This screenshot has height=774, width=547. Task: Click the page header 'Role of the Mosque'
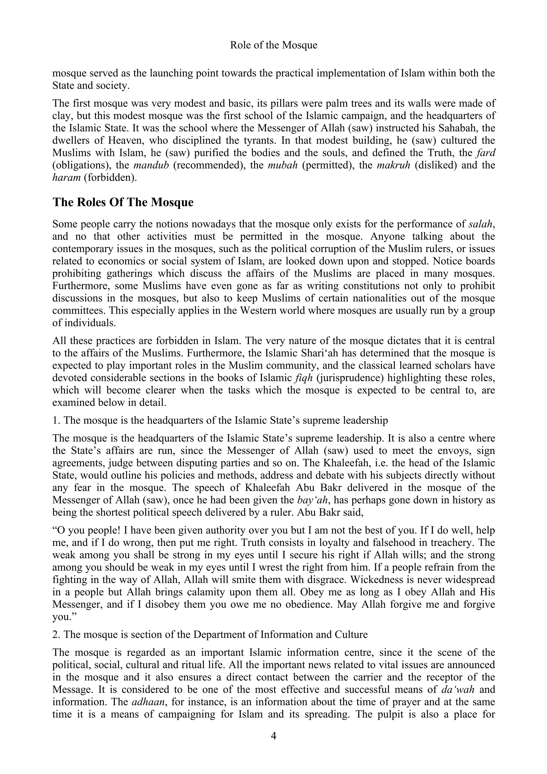click(x=273, y=45)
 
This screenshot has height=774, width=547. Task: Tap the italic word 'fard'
click(x=486, y=153)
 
